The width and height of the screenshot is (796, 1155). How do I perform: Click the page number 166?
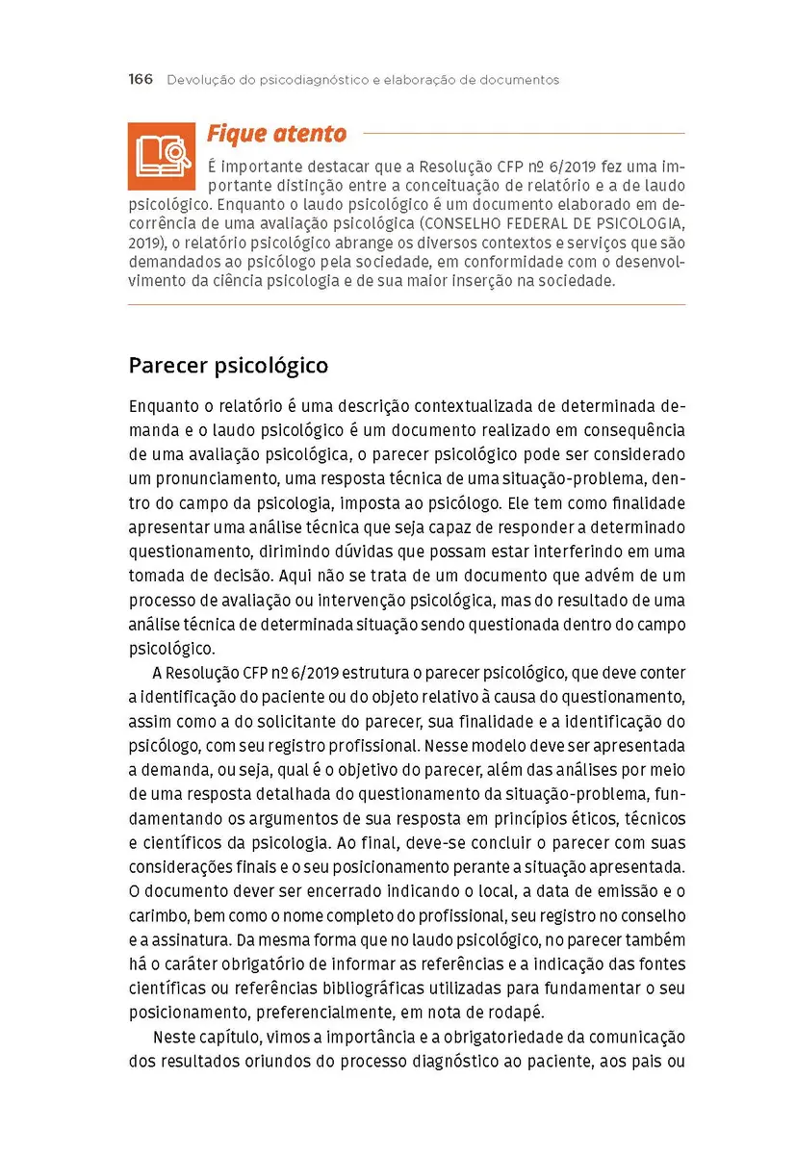click(x=141, y=80)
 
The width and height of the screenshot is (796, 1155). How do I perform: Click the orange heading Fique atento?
click(x=276, y=134)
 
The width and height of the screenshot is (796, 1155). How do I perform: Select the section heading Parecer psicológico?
click(x=228, y=366)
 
